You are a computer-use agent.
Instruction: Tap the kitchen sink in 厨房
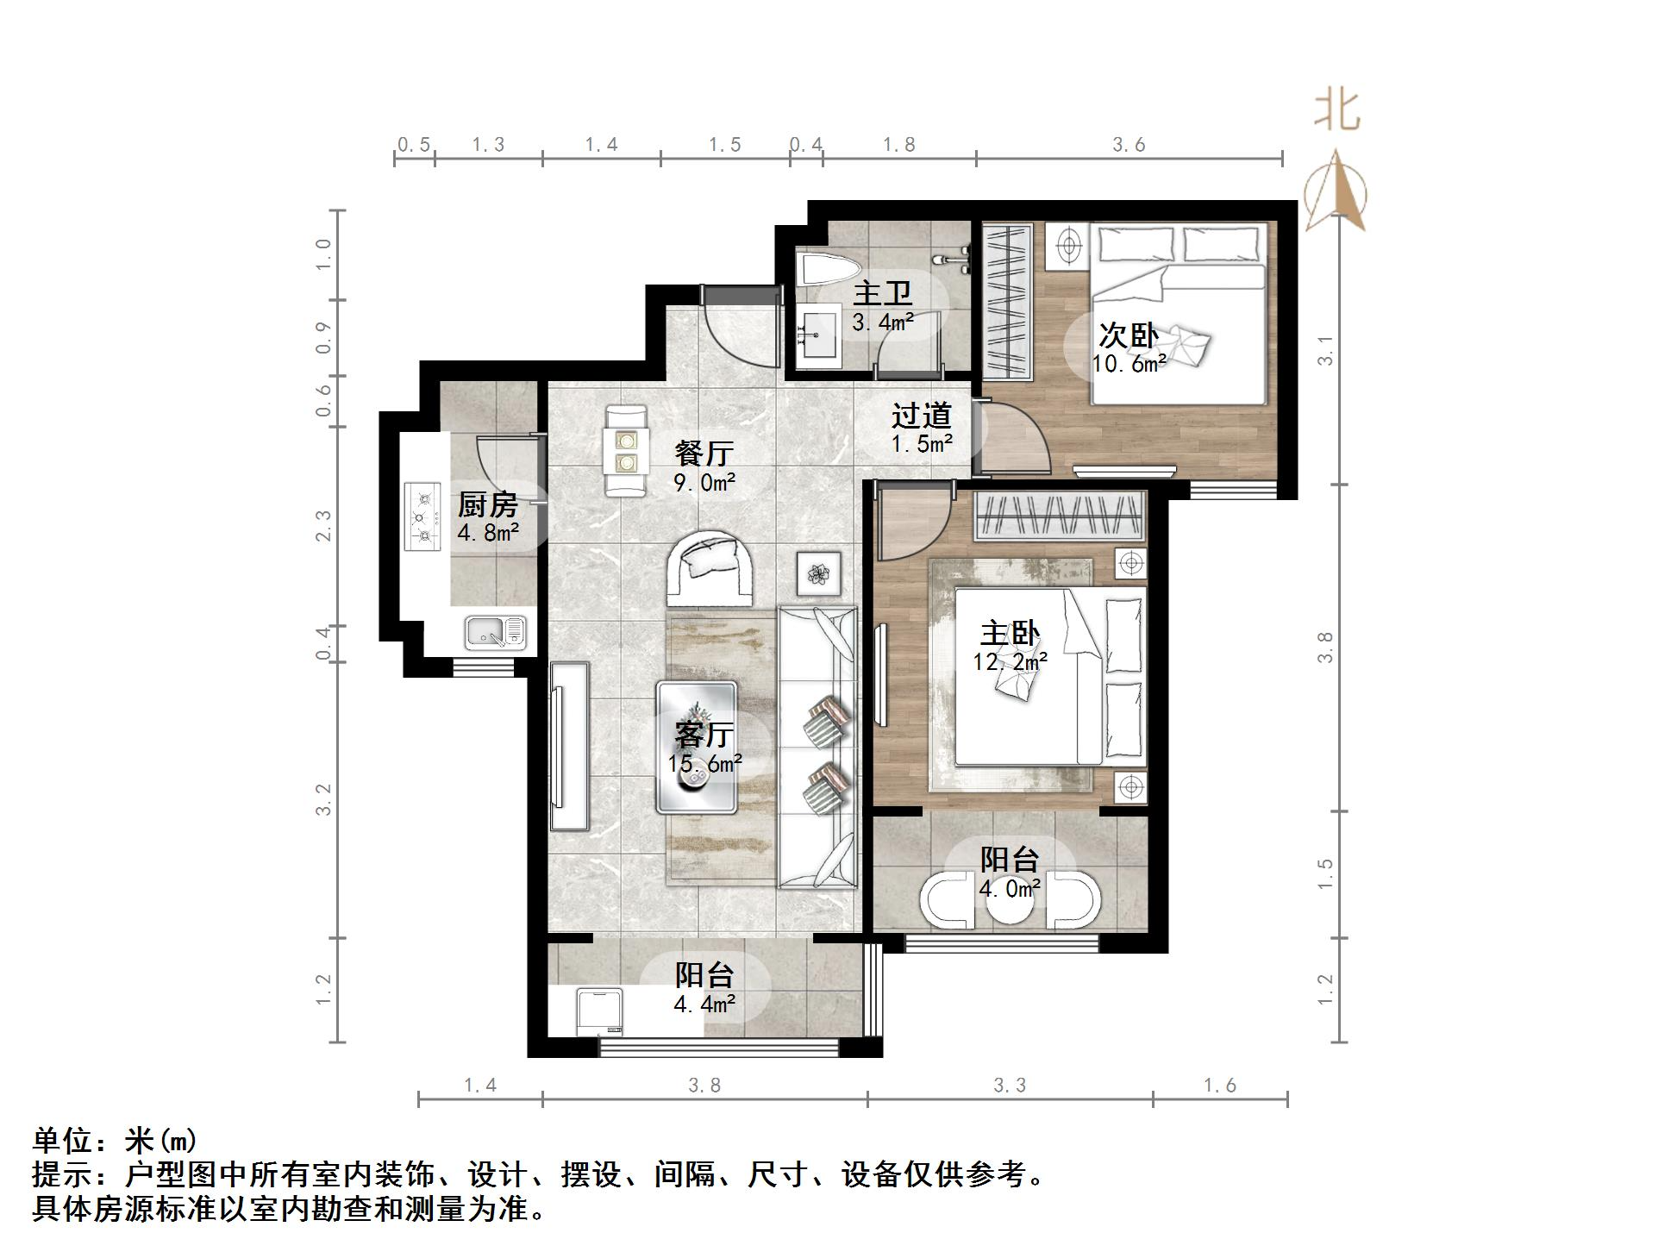coord(495,632)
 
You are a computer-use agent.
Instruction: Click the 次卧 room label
coord(1127,335)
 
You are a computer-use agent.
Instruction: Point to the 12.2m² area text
coord(1010,662)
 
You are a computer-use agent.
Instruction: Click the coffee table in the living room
coord(696,747)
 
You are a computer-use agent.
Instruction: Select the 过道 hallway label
coord(921,416)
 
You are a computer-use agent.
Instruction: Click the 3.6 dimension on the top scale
coord(1128,145)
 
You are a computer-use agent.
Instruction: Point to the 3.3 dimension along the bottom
coord(1009,1086)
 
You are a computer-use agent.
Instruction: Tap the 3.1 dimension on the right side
coord(1325,349)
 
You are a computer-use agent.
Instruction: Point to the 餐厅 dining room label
coord(704,453)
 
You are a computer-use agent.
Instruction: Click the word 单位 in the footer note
coord(62,1141)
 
